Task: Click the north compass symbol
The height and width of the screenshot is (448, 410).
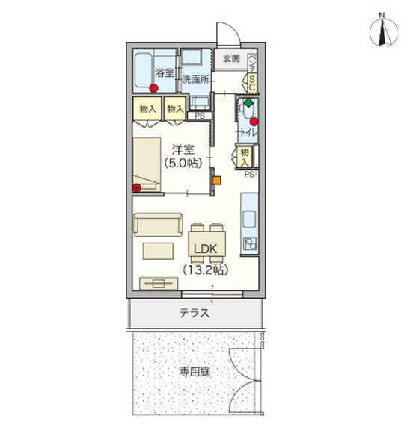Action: coord(382,31)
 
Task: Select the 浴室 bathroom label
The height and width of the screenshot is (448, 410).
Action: coord(164,72)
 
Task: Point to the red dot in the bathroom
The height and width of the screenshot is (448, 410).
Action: coord(153,87)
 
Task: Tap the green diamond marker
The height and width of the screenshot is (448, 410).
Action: coord(248,102)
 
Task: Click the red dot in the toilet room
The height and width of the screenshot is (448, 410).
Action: coord(254,122)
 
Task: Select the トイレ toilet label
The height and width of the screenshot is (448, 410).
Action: coord(246,132)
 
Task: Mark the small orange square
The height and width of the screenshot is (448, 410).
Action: coord(216,179)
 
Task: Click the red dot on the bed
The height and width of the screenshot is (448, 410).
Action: coord(137,187)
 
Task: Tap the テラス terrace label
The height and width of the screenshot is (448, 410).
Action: coord(193,314)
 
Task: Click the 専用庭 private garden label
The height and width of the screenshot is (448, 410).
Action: coord(192,370)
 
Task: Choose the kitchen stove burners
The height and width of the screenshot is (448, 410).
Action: coord(249,243)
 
